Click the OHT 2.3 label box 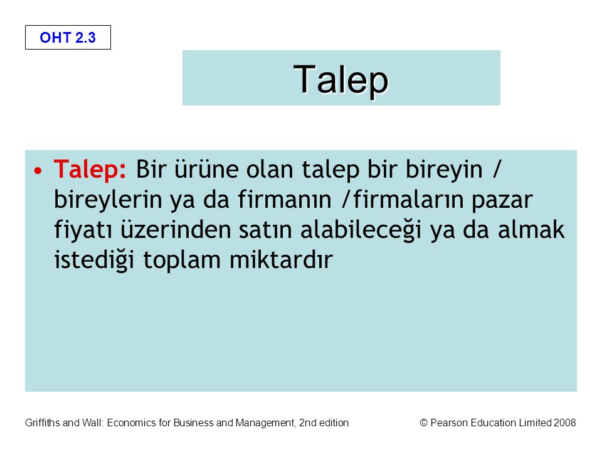[x=68, y=37]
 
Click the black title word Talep [x=341, y=80]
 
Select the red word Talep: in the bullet [x=90, y=169]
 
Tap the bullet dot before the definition [x=38, y=170]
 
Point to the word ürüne [x=206, y=169]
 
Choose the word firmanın [x=284, y=200]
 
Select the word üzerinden [x=176, y=230]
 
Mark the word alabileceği [x=361, y=230]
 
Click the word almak [x=531, y=230]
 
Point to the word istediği [x=95, y=260]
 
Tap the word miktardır [x=281, y=259]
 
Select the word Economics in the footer [x=131, y=422]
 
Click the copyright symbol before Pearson [x=423, y=422]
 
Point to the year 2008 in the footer [x=564, y=422]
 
